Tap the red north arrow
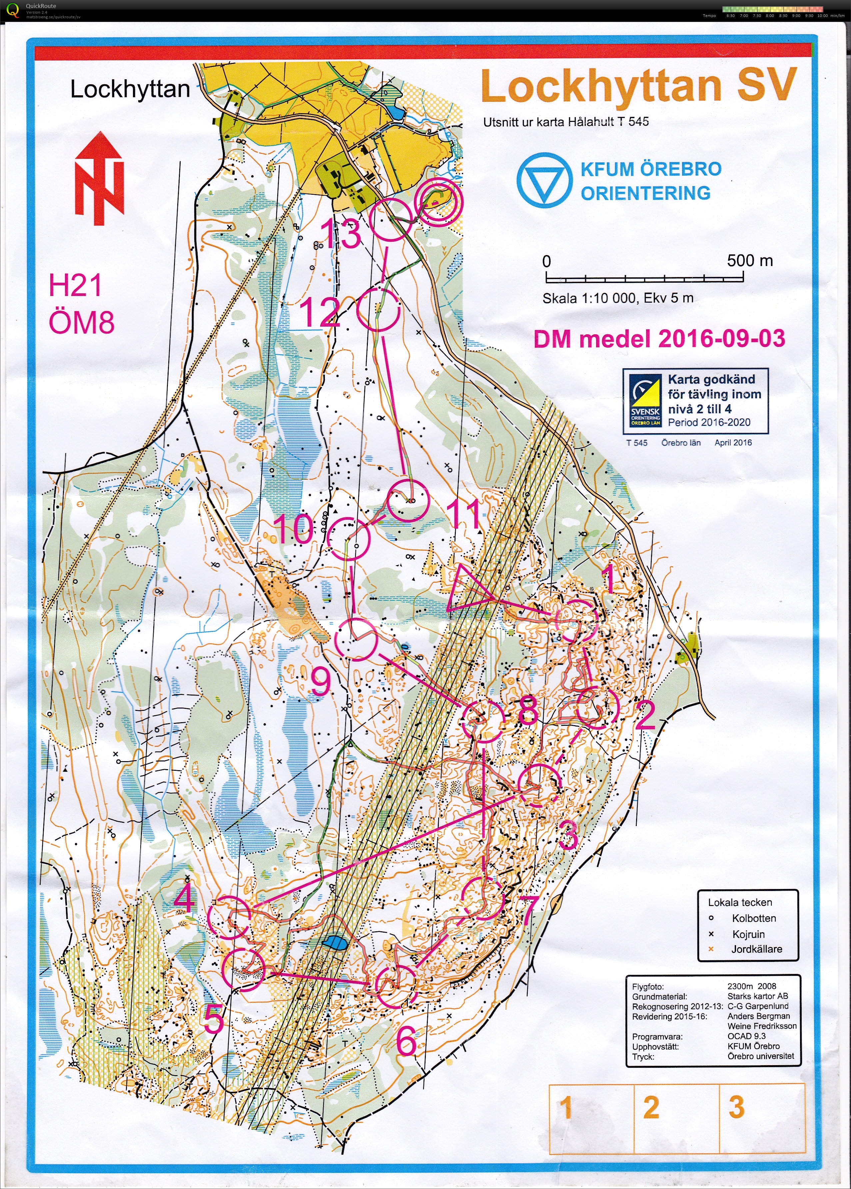pos(100,178)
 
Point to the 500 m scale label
pos(749,261)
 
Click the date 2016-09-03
pos(722,339)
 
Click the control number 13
pos(341,233)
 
